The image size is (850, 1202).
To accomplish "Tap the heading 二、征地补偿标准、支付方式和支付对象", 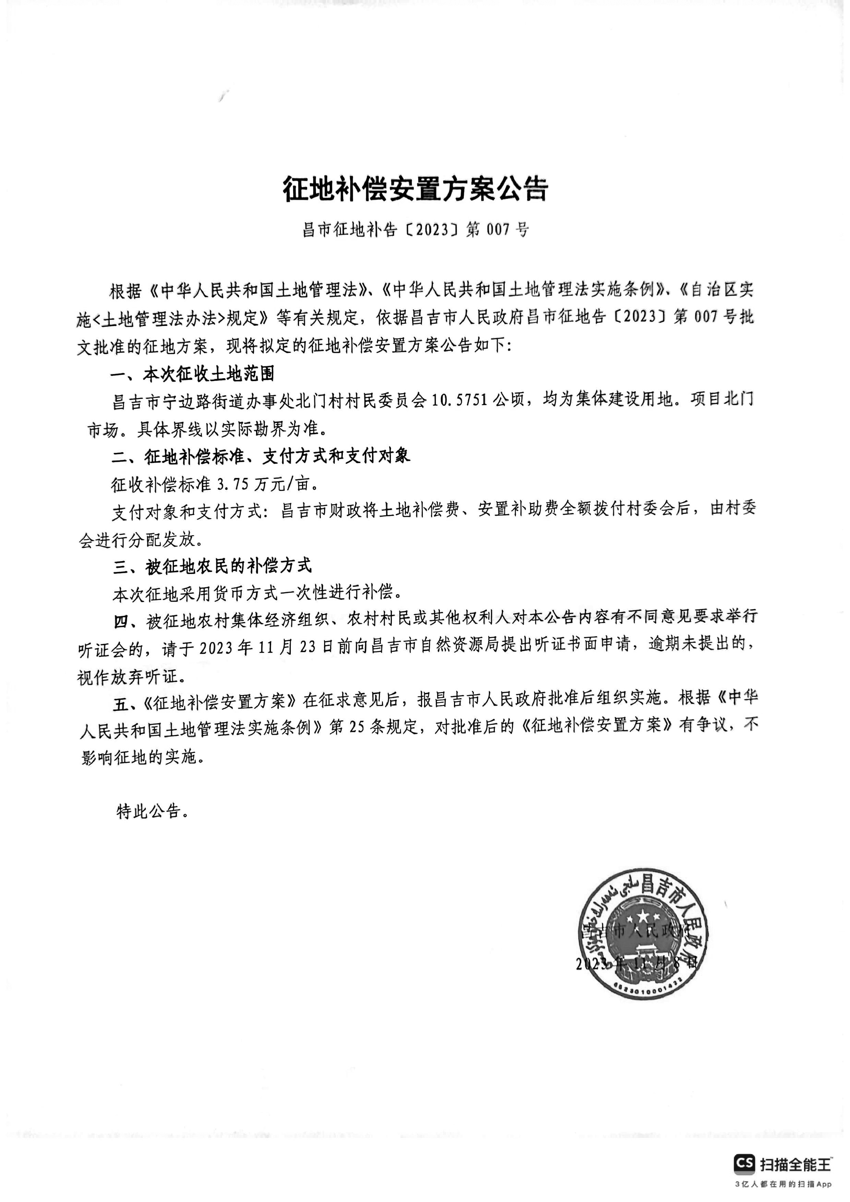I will click(260, 456).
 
